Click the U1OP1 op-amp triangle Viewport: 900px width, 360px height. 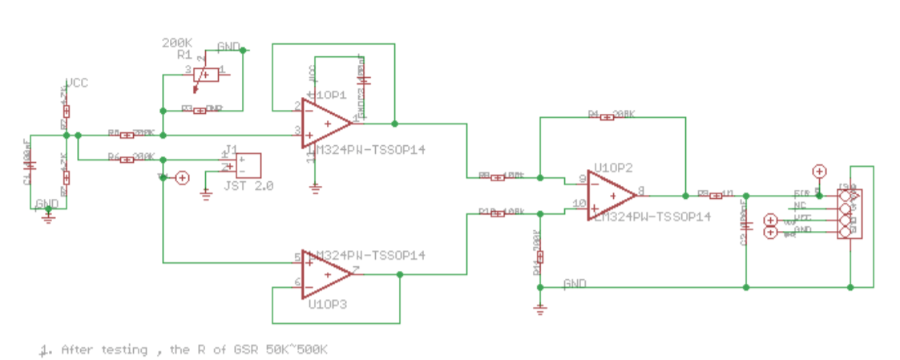tap(325, 123)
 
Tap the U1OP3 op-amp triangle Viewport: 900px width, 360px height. tap(325, 274)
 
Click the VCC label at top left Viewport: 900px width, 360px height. tap(77, 83)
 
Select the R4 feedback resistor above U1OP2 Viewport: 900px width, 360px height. tap(606, 117)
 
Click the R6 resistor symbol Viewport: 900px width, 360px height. tap(126, 160)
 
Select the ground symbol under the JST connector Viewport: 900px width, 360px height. tap(206, 193)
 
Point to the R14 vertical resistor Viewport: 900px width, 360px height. tap(540, 257)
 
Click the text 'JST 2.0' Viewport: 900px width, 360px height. tap(249, 185)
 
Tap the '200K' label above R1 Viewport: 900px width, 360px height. tap(177, 42)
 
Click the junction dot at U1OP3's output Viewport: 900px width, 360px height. tap(399, 274)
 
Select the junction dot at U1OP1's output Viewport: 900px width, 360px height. tap(394, 123)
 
